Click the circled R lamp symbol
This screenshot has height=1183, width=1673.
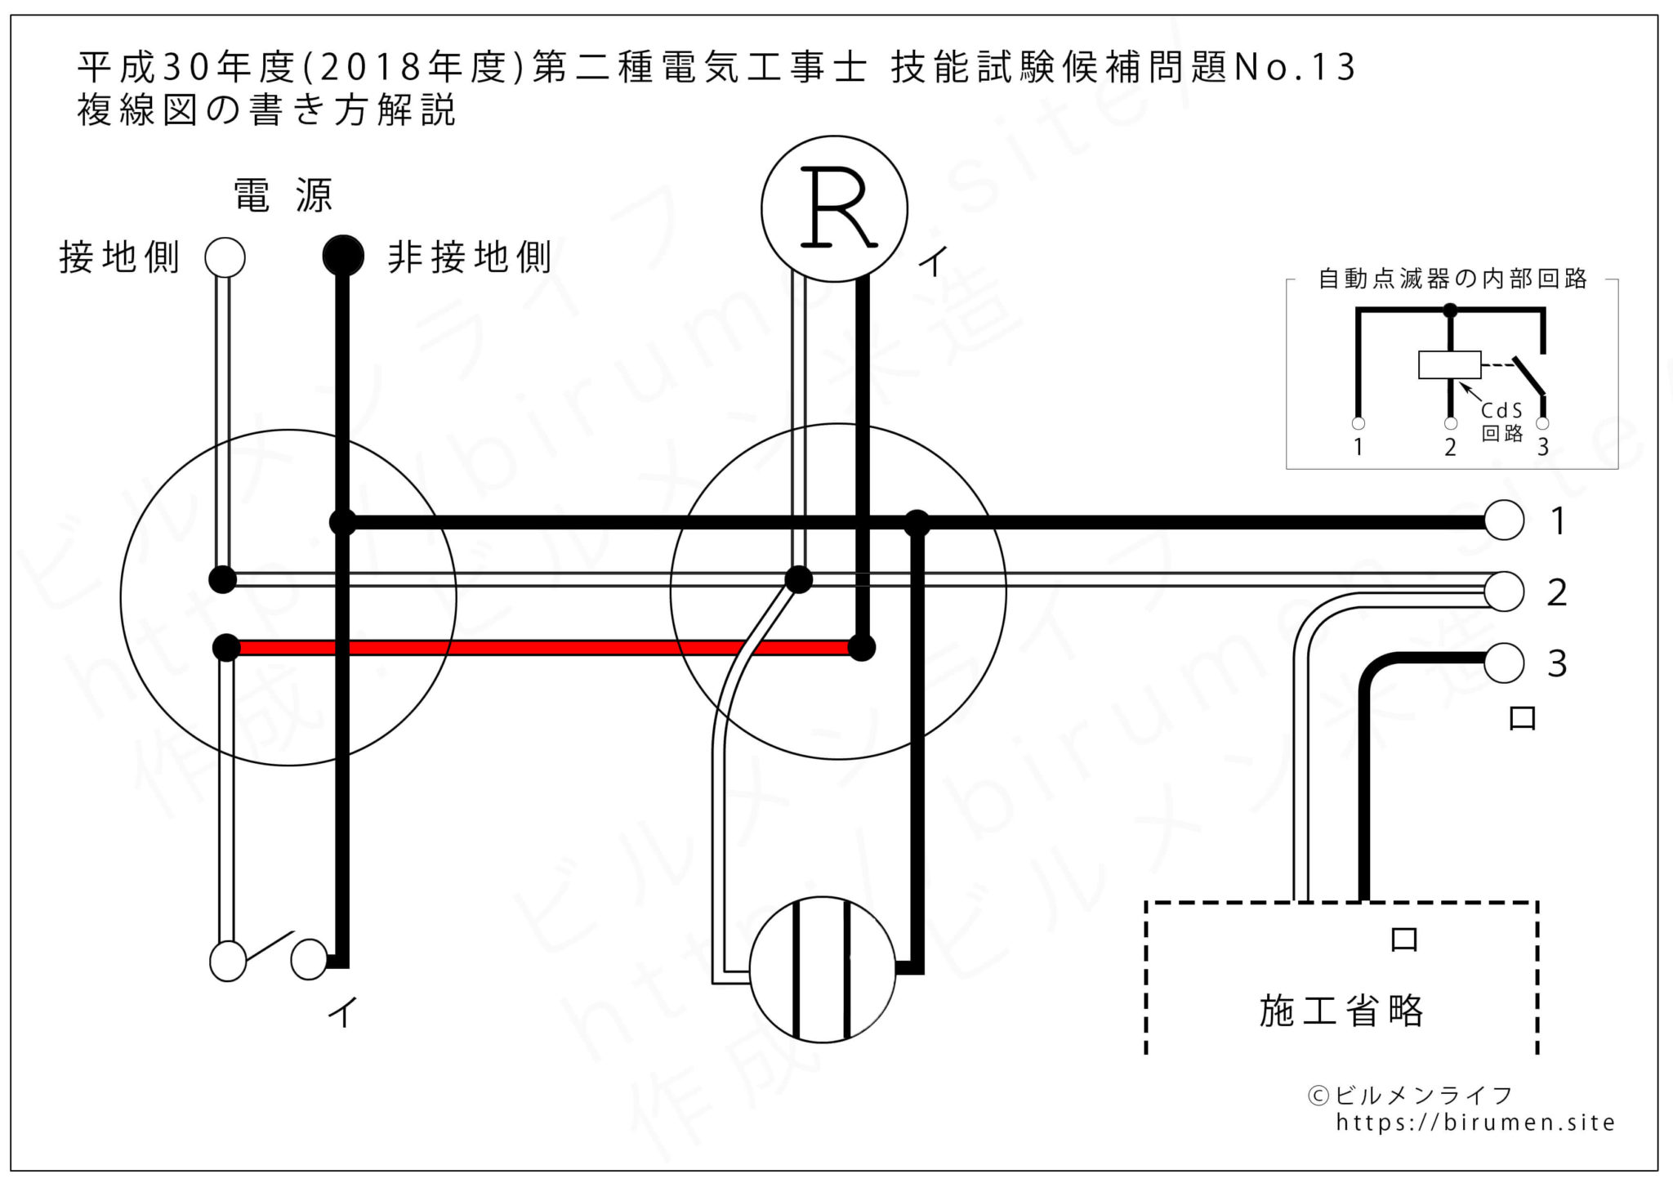coord(834,209)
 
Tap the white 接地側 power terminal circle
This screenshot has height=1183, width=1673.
coord(225,257)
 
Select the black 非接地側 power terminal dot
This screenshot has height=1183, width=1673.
coord(343,256)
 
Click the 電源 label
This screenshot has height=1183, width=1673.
coord(283,196)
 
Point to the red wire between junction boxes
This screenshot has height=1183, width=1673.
coord(539,648)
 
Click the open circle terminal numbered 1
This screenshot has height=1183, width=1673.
coord(1503,520)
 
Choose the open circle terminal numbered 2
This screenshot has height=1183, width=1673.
coord(1503,591)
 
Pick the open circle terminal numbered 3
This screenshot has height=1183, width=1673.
coord(1503,663)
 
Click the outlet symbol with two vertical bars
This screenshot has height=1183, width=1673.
coord(823,969)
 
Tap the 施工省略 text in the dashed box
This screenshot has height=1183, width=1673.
coord(1341,1011)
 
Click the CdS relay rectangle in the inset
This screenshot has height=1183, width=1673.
coord(1449,364)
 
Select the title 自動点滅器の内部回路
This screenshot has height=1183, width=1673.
coord(1452,279)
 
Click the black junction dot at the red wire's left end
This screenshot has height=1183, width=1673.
coord(226,648)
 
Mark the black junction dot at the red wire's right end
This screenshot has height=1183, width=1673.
coord(861,648)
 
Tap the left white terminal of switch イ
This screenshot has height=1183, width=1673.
coord(228,961)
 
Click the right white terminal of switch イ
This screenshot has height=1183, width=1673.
coord(309,959)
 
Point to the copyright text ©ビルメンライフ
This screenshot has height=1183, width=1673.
coord(1411,1096)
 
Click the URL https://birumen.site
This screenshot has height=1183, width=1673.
coord(1475,1123)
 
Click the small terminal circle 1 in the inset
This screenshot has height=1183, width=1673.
coord(1358,423)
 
